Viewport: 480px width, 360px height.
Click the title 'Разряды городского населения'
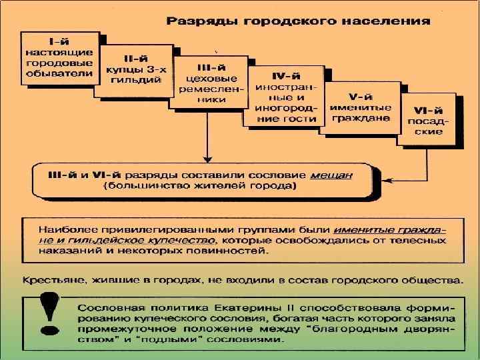coord(297,21)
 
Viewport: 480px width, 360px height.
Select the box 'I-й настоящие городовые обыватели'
coord(60,57)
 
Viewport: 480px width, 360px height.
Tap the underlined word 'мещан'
coord(331,175)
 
